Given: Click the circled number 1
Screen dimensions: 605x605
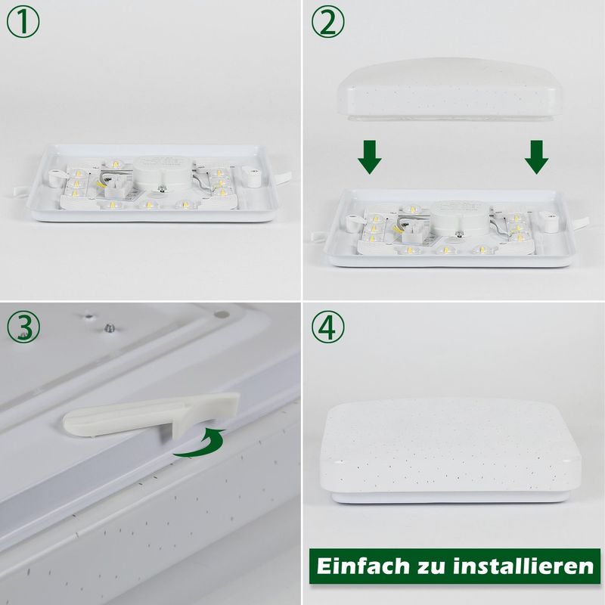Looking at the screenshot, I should (x=23, y=23).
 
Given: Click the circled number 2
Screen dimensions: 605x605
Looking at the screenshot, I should (x=327, y=23).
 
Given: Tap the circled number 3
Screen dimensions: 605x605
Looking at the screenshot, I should (x=23, y=327).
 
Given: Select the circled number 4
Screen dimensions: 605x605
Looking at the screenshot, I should (x=327, y=327).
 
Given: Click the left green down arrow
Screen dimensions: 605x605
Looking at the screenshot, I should (x=370, y=155).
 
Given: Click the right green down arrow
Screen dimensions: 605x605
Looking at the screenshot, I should (x=536, y=155).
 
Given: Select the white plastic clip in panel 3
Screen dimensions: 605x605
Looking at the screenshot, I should (x=151, y=416).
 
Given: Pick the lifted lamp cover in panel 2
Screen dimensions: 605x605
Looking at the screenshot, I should (x=454, y=89).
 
